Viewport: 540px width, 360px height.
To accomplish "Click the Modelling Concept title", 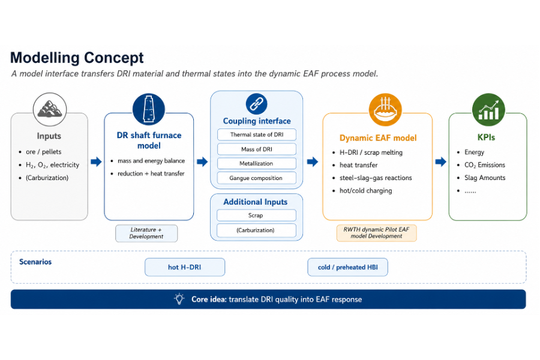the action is tap(77, 58).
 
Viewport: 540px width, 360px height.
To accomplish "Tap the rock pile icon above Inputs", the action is tap(50, 109).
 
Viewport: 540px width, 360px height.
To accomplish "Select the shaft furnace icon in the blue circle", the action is tap(149, 109).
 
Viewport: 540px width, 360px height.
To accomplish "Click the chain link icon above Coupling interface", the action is tap(257, 104).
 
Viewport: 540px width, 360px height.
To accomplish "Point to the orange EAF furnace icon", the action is tap(385, 110).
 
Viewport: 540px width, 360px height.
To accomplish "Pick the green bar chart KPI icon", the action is tap(488, 110).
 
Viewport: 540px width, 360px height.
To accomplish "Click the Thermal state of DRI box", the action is tap(257, 134).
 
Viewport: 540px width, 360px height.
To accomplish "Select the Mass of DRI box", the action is tap(257, 149).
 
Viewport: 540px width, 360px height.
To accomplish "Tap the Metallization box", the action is tap(257, 164).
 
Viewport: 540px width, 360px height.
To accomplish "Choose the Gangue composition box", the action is tap(257, 178).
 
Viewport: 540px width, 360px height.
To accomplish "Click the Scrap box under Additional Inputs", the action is tap(256, 215).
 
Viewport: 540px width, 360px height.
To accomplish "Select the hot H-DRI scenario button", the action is tap(185, 268).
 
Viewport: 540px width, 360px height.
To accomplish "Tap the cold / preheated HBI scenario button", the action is tap(348, 268).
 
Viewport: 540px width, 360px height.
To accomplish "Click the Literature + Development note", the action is tap(146, 233).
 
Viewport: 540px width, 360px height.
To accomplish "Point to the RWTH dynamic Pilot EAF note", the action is tap(376, 233).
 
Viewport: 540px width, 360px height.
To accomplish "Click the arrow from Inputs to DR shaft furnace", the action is tap(96, 161).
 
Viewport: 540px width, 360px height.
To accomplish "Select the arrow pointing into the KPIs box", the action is tap(440, 161).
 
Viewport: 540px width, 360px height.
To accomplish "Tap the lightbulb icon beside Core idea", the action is tap(179, 299).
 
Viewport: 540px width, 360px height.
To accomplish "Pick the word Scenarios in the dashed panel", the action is tap(35, 262).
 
